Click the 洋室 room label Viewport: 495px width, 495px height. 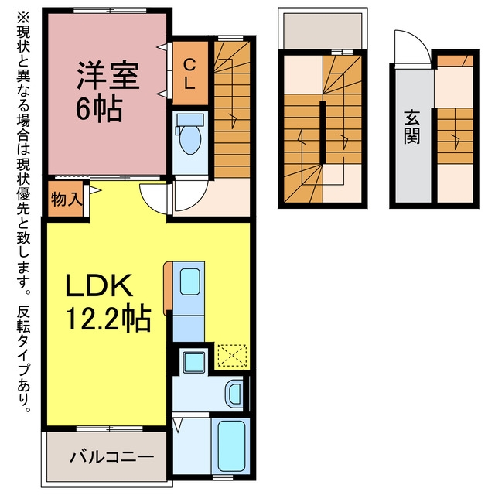pyautogui.click(x=108, y=75)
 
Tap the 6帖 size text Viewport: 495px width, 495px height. pyautogui.click(x=99, y=109)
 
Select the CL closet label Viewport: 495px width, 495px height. pyautogui.click(x=189, y=75)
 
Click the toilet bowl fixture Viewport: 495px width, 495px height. pyautogui.click(x=189, y=135)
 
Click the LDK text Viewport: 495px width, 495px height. pyautogui.click(x=98, y=285)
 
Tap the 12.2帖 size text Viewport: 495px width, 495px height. pyautogui.click(x=108, y=318)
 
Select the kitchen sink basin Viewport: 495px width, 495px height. pyautogui.click(x=189, y=282)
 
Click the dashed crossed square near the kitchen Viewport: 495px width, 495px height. pyautogui.click(x=232, y=356)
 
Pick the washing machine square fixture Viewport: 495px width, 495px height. pyautogui.click(x=194, y=362)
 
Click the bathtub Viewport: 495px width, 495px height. pyautogui.click(x=231, y=445)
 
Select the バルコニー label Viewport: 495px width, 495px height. pyautogui.click(x=111, y=457)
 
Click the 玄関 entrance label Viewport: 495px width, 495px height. pyautogui.click(x=412, y=127)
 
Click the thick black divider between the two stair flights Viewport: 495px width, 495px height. pyautogui.click(x=323, y=132)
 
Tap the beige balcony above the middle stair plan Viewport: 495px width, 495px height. pyautogui.click(x=323, y=31)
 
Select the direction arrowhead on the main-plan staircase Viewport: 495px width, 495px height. pyautogui.click(x=234, y=121)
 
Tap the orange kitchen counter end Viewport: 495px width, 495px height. pyautogui.click(x=168, y=288)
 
